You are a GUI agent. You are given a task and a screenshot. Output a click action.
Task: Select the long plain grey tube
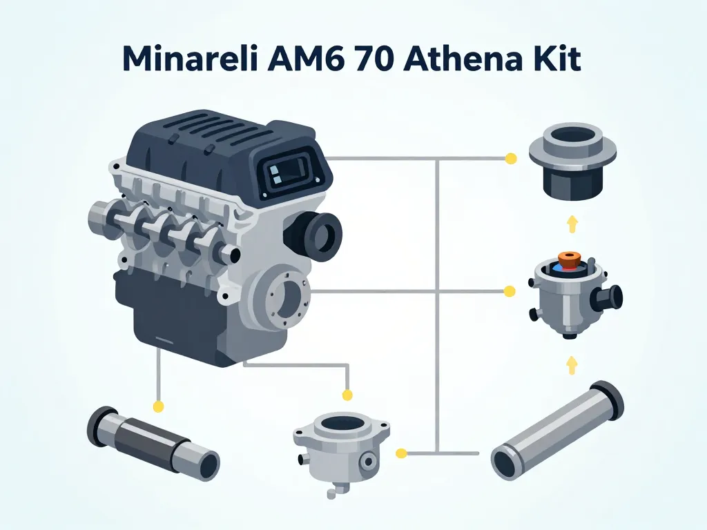[557, 430]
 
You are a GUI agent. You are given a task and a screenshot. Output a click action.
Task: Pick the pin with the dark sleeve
[153, 442]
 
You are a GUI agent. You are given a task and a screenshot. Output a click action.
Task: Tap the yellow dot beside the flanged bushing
[511, 159]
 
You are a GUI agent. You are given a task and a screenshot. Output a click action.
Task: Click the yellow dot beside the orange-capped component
[510, 292]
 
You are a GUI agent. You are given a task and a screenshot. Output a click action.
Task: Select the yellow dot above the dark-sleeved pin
[158, 406]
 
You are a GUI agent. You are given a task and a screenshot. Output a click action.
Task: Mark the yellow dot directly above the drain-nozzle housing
[347, 395]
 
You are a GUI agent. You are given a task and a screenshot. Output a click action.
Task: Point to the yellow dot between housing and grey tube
[400, 453]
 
